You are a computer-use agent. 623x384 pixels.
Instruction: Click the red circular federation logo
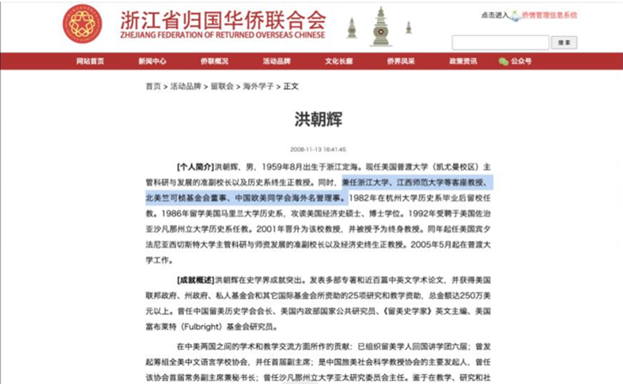82,24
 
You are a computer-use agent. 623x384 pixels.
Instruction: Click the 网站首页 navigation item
90,61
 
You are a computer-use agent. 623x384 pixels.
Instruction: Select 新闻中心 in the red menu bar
152,61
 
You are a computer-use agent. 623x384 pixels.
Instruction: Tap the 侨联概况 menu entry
214,61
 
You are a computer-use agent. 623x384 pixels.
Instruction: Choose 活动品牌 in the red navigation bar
276,61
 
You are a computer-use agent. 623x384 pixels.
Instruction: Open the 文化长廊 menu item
338,61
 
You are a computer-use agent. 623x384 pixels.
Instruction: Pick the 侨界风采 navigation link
401,61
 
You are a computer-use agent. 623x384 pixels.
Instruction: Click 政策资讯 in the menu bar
463,61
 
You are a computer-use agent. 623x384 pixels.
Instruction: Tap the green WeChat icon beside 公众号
504,61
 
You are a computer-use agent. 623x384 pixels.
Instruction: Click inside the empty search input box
500,43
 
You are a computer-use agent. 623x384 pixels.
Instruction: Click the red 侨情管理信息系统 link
549,15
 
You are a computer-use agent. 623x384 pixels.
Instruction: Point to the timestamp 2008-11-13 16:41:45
318,150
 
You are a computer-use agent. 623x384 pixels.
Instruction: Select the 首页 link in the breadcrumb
153,86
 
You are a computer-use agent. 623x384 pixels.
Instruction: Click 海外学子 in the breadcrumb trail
258,86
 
